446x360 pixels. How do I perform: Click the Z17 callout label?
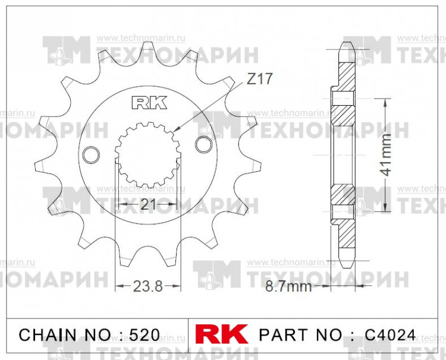(259, 80)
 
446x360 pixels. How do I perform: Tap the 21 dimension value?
(148, 204)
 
